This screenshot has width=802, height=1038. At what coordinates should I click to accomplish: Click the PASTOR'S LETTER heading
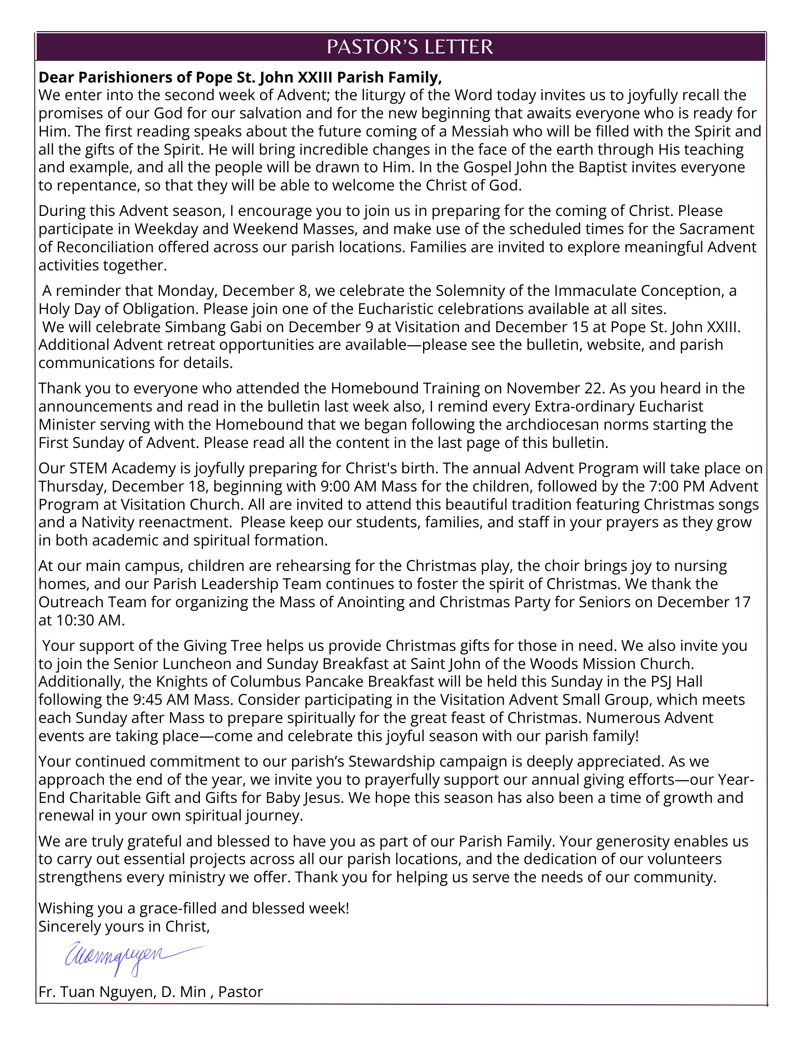click(410, 47)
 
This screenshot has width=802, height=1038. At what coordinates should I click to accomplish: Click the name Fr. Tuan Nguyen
click(97, 992)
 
